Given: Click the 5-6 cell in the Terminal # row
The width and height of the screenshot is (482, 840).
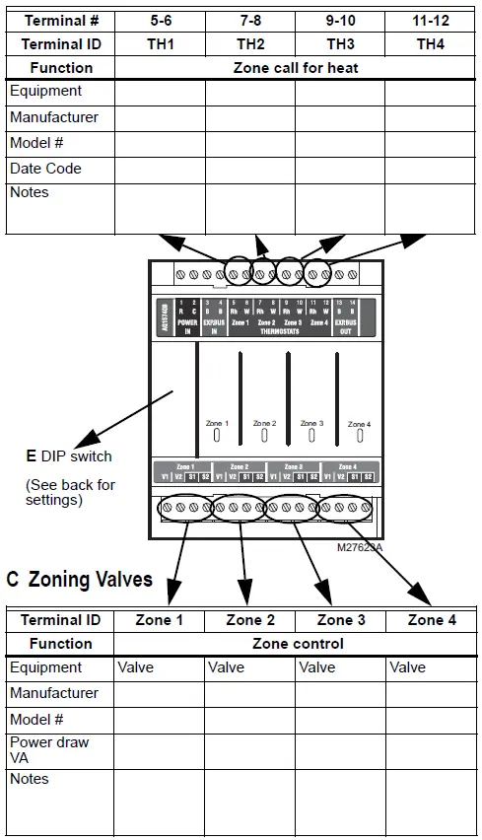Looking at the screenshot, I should pos(160,20).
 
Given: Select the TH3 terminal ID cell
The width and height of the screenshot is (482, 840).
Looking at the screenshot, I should pos(340,43).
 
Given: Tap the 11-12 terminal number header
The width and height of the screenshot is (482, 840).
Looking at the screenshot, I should pos(430,20).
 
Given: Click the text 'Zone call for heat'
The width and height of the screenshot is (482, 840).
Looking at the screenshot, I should pos(296,68).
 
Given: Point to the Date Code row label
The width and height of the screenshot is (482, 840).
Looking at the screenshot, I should pos(45,169).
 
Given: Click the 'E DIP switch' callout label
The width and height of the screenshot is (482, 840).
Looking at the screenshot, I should pos(69,456).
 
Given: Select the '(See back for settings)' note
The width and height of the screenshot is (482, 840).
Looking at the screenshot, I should pos(70,492).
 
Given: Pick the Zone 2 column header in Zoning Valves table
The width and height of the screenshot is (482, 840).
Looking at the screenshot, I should pos(250,620).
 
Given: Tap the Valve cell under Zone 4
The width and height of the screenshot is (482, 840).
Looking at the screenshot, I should pos(407,667).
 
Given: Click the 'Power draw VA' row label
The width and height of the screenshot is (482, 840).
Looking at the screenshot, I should pos(49,748).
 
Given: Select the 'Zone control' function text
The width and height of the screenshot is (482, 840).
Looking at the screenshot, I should pos(298,644).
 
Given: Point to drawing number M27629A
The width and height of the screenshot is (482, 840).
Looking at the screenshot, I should pos(359,547).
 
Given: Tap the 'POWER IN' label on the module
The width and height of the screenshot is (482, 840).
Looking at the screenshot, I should pos(187,327).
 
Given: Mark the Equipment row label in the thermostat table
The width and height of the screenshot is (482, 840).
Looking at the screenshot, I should pos(45,92).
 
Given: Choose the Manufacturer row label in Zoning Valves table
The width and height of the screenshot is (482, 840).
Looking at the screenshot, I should pos(54,693).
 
